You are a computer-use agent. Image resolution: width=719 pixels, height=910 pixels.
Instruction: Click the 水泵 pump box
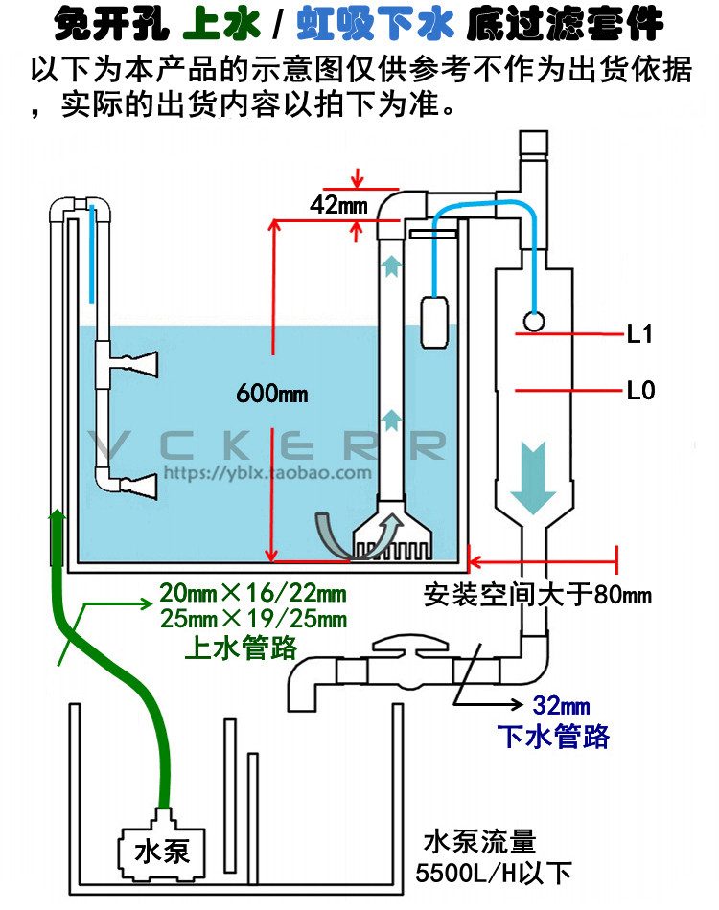point(162,852)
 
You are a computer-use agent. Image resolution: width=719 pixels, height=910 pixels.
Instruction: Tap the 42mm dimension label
point(338,205)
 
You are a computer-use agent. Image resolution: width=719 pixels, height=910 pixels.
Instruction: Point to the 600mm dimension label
point(272,394)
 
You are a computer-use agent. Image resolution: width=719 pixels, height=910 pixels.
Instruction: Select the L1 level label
point(640,334)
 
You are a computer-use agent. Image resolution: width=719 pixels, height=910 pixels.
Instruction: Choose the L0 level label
point(640,391)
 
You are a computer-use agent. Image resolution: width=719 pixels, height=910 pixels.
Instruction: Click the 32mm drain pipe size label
point(561,706)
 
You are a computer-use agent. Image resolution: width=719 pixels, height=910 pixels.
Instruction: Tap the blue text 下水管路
point(553,737)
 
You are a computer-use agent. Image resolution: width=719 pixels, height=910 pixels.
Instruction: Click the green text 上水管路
point(241,648)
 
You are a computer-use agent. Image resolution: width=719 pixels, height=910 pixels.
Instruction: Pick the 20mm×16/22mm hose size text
point(253,593)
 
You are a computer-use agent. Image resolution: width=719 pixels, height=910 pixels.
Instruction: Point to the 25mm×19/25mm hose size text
point(254,619)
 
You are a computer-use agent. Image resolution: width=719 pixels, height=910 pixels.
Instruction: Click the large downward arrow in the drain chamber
point(533,478)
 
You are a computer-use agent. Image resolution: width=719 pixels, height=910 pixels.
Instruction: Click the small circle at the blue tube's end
point(534,321)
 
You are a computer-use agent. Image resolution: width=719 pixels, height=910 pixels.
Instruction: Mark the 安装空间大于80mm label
point(537,595)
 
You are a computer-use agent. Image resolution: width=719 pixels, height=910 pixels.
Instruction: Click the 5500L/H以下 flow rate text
point(495,874)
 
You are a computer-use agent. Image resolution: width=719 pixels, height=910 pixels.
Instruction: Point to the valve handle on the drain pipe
point(410,644)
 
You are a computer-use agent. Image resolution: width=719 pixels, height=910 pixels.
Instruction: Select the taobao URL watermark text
point(267,473)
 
